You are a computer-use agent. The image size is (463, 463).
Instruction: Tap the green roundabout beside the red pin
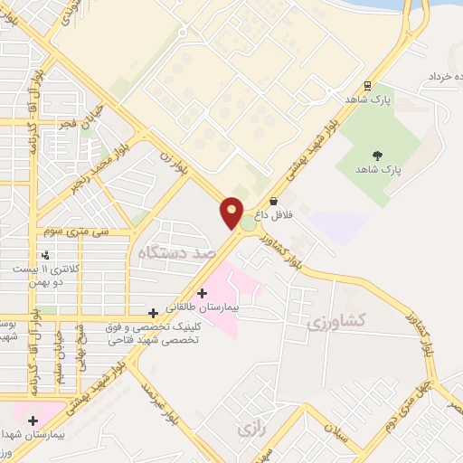[x=247, y=222]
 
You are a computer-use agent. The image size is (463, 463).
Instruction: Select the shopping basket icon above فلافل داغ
[x=273, y=202]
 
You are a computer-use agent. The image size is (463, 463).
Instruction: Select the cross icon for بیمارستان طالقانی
[x=202, y=293]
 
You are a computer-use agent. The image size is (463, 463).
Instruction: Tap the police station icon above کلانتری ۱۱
[x=44, y=255]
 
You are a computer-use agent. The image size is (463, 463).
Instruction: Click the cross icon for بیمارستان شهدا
[x=33, y=420]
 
